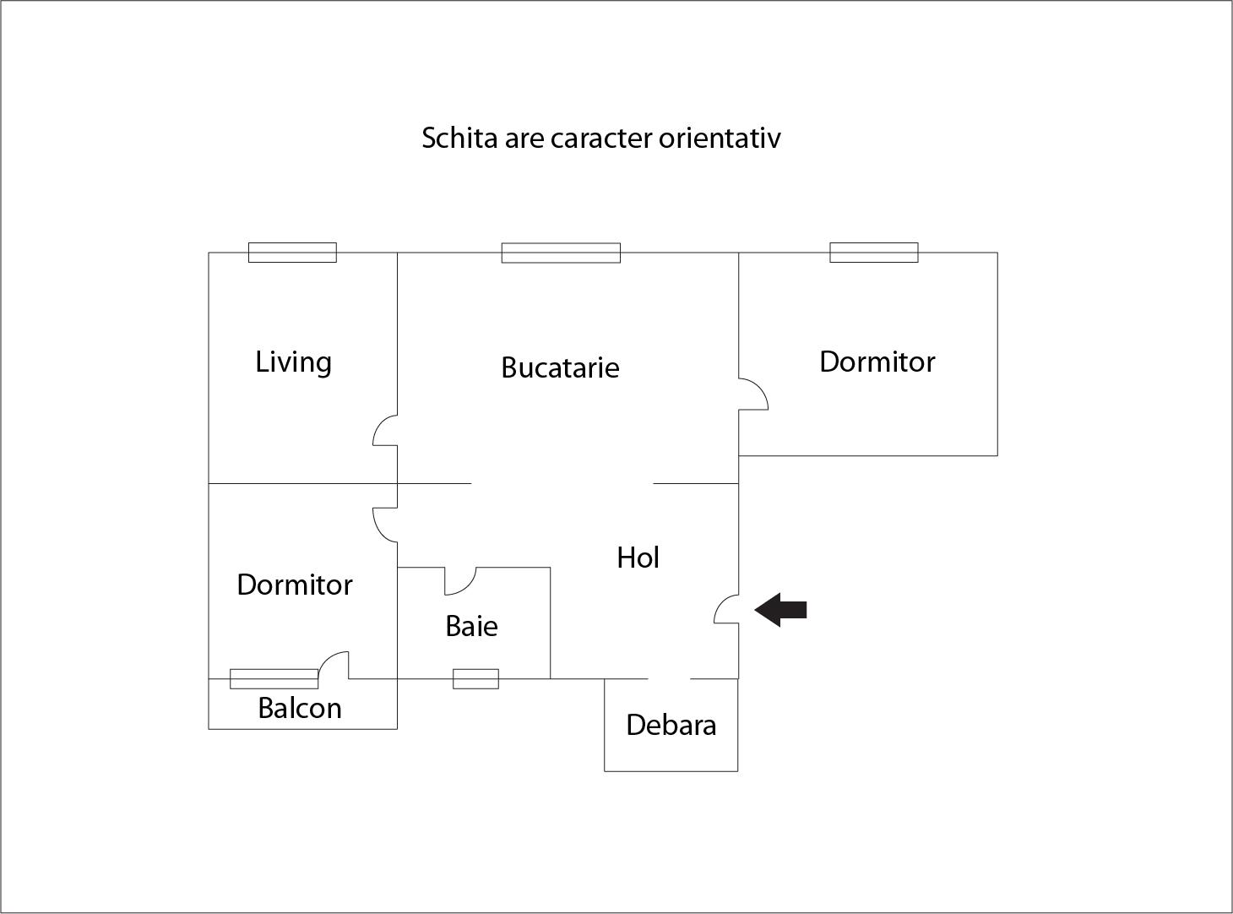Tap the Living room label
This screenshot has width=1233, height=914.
point(293,362)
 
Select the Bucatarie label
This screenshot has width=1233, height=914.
point(560,367)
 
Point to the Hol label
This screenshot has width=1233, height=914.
point(638,558)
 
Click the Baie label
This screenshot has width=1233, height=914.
point(471,626)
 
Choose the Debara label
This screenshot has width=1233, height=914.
point(671,725)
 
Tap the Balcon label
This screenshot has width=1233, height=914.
point(300,708)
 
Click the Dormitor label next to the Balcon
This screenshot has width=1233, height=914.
point(294,585)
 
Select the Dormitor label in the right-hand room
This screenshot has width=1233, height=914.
point(877,362)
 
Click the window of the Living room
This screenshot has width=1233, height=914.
point(292,252)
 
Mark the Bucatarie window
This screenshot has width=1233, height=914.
point(561,253)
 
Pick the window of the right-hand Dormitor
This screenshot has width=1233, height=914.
point(873,252)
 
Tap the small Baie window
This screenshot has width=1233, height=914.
point(475,678)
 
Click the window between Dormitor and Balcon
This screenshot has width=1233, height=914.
point(274,678)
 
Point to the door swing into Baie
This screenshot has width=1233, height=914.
point(460,581)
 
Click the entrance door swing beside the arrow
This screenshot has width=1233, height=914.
point(725,610)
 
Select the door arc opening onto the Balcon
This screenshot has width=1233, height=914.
point(334,665)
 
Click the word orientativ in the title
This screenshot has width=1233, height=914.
point(720,138)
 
